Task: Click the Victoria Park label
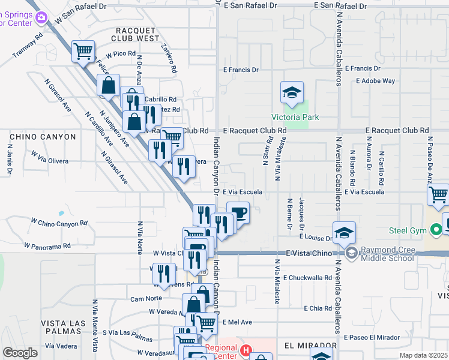(295, 117)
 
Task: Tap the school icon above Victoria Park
(291, 92)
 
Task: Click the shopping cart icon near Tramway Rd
(83, 50)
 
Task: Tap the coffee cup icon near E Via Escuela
(238, 212)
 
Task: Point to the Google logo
(20, 353)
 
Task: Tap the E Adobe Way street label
(375, 80)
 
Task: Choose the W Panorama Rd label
(47, 246)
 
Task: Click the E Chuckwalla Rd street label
(309, 278)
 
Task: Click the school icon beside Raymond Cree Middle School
(343, 233)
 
